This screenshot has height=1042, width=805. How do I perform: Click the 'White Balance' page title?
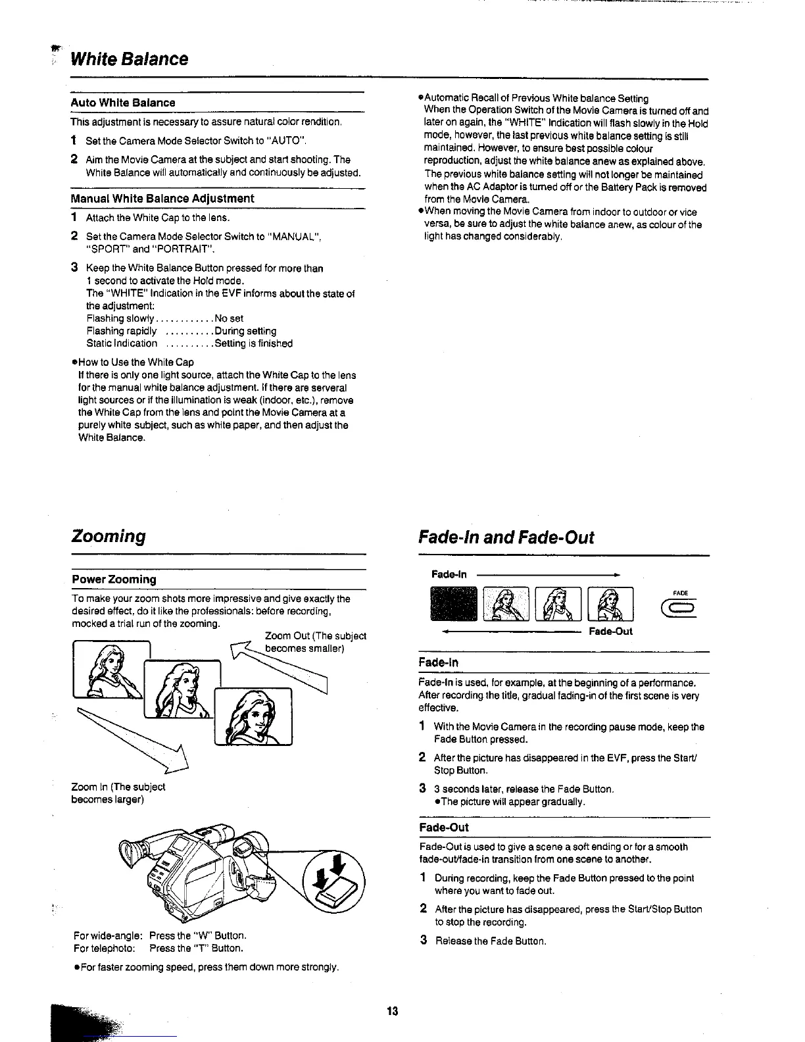click(129, 59)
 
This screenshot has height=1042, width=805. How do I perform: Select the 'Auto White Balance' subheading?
click(123, 103)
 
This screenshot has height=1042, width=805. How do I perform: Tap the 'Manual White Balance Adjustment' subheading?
click(162, 198)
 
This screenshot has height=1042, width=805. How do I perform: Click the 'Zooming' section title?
click(109, 535)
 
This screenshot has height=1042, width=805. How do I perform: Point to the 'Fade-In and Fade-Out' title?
click(506, 537)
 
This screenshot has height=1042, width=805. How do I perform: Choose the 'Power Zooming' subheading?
click(114, 580)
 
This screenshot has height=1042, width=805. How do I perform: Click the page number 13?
click(393, 1011)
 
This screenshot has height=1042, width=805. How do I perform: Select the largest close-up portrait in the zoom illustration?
click(253, 716)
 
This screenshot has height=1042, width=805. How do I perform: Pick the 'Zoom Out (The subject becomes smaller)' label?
click(315, 642)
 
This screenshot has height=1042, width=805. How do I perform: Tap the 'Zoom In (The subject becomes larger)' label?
click(118, 793)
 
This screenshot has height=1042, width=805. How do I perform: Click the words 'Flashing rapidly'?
click(122, 331)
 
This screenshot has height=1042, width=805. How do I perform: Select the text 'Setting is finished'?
click(253, 343)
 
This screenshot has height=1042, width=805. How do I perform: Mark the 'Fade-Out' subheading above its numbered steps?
click(443, 828)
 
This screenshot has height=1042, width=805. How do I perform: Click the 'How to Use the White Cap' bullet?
click(135, 362)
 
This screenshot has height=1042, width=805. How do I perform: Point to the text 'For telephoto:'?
click(105, 948)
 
